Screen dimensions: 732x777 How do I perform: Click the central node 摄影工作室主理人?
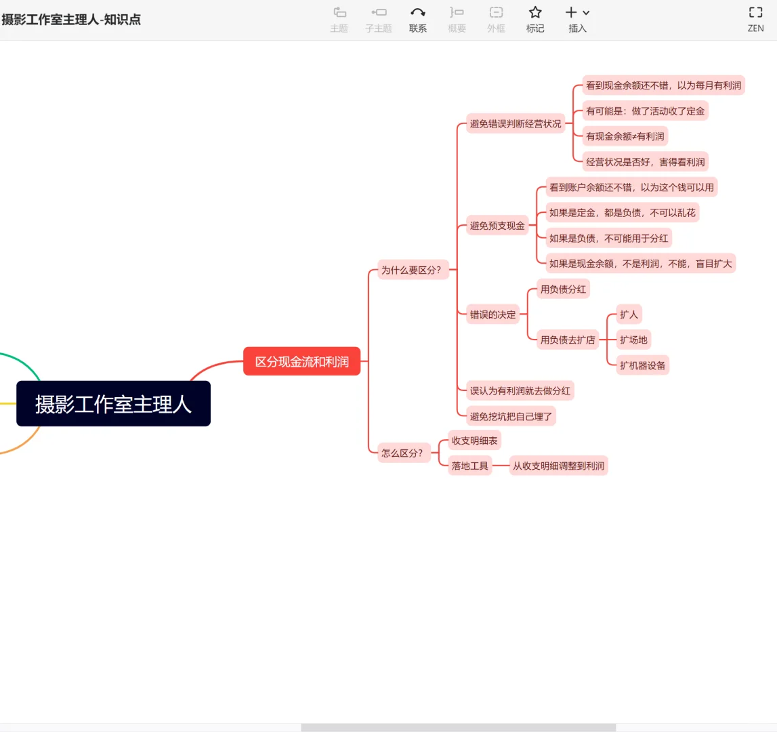(x=113, y=404)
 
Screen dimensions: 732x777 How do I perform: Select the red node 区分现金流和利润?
(x=302, y=362)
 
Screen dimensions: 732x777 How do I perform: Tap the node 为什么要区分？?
(x=411, y=270)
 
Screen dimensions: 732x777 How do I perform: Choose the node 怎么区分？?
(x=402, y=453)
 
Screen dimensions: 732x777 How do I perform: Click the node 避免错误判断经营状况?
(x=516, y=123)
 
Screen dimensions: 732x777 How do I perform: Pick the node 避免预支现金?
(x=497, y=226)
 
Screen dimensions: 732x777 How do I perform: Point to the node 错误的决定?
(x=492, y=314)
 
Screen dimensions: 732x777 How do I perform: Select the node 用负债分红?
(x=563, y=289)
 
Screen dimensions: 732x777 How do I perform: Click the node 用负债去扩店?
(x=568, y=340)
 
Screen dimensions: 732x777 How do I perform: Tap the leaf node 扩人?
(x=629, y=314)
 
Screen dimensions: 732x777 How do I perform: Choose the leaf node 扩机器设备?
(x=642, y=365)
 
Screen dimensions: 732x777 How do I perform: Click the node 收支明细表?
(x=474, y=441)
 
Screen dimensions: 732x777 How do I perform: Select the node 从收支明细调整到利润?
(x=558, y=466)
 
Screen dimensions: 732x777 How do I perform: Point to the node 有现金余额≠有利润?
(x=625, y=136)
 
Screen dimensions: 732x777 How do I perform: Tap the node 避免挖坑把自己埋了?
(x=511, y=416)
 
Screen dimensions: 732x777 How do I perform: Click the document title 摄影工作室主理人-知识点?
(x=71, y=20)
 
